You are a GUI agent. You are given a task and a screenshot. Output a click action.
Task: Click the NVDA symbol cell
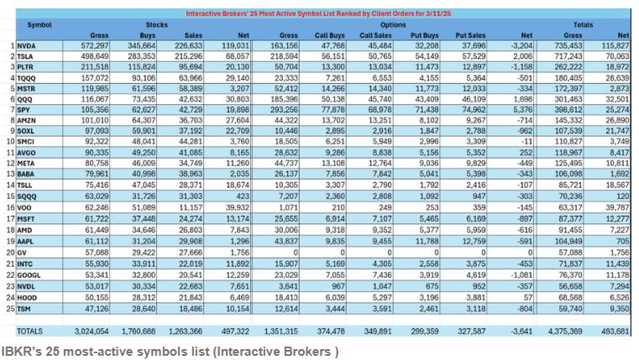(x=27, y=45)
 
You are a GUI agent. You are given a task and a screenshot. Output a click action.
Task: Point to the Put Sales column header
(x=470, y=35)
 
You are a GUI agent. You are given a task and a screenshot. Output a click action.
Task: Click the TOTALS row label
(x=29, y=332)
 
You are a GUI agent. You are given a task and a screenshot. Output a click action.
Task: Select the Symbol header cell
(x=39, y=25)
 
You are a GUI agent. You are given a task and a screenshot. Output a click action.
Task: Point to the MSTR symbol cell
(x=27, y=87)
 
